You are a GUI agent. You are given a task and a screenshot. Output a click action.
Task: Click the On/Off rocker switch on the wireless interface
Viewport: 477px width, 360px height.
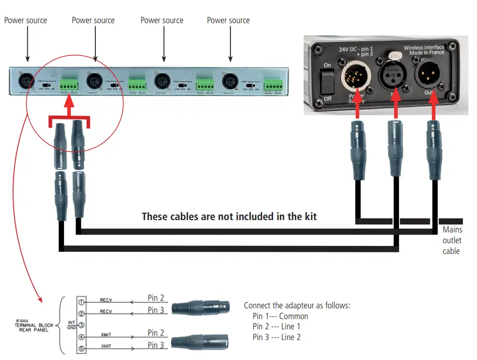pos(326,81)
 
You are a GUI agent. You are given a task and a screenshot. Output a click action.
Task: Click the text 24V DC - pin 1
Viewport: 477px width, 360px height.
pos(357,49)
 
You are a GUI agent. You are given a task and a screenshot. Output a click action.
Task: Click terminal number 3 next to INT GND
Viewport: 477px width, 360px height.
pos(82,324)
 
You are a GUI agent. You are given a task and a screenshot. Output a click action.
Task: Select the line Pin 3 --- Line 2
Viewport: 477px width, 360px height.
pos(276,337)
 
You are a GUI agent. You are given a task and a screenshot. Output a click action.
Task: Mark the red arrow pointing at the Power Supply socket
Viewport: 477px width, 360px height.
pos(356,110)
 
